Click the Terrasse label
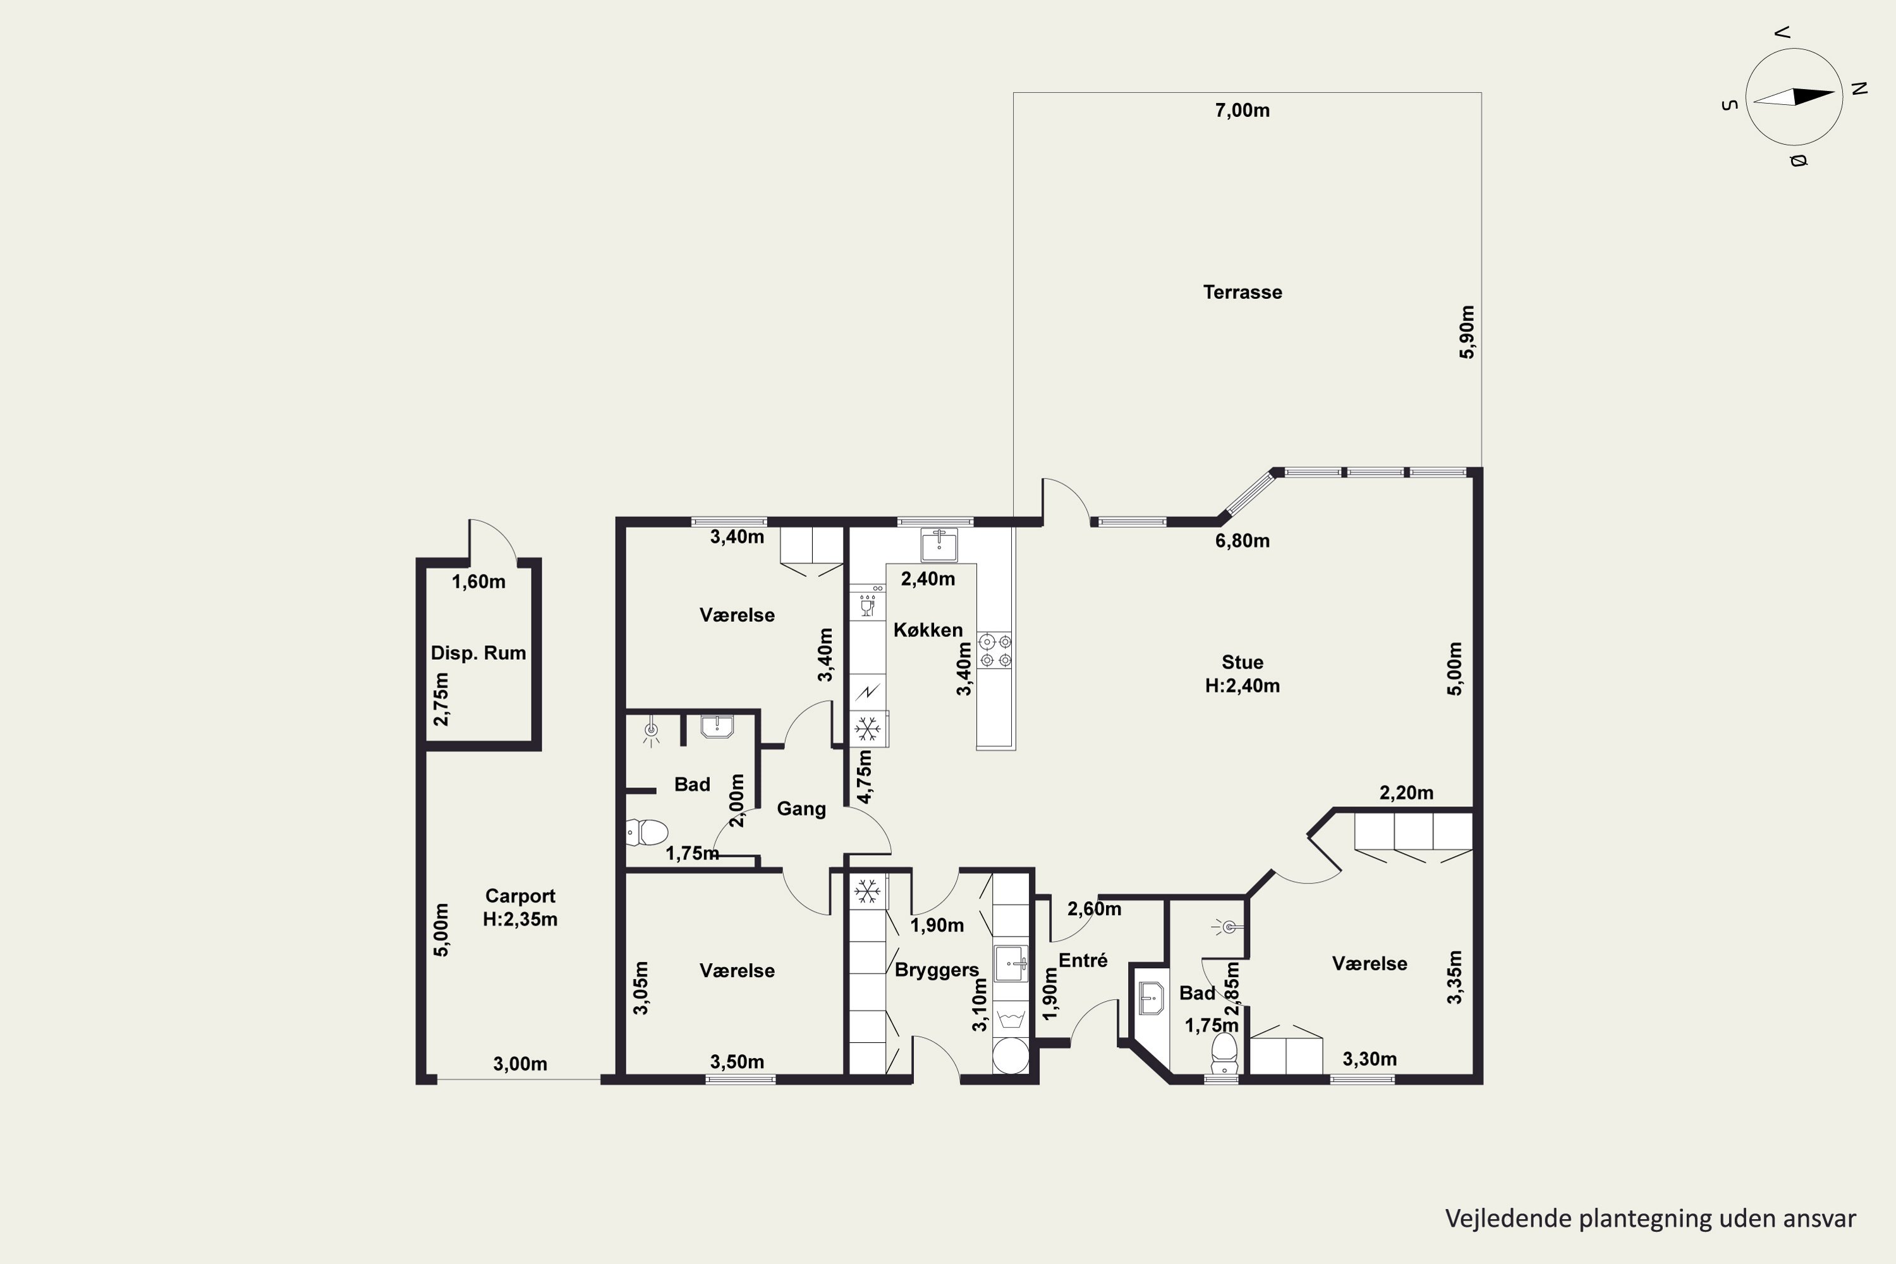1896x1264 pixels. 1243,292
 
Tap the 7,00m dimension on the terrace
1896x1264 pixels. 1243,111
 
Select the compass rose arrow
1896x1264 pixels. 1794,97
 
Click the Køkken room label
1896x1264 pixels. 928,629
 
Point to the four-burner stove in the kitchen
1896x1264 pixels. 995,650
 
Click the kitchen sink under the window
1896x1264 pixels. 939,545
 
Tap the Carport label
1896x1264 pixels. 520,896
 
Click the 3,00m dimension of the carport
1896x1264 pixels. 520,1064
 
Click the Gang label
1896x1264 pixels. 801,810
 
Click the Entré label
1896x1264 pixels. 1083,960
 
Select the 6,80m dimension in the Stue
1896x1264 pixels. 1243,541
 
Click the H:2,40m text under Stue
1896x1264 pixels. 1243,686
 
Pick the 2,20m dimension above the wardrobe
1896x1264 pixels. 1407,793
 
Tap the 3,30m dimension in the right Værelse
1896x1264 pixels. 1370,1059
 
